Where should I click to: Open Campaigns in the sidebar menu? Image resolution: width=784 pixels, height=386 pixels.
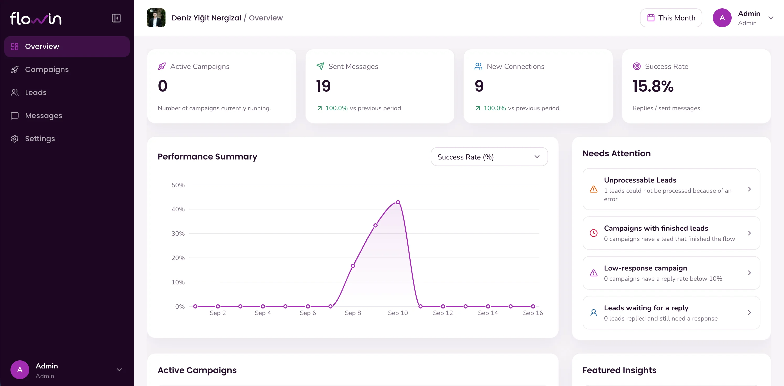47,69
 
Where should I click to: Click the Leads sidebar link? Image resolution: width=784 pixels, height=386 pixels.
36,92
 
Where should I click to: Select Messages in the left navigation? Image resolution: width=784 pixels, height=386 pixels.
43,116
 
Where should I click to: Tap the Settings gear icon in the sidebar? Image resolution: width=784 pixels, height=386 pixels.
15,139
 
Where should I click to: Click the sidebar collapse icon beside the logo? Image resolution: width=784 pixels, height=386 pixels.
116,18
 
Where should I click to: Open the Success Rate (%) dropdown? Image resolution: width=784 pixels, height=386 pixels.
489,157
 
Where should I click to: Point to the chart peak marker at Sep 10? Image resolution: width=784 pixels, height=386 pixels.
398,202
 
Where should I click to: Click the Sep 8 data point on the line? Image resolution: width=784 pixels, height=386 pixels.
353,266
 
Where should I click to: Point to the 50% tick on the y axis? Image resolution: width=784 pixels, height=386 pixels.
178,185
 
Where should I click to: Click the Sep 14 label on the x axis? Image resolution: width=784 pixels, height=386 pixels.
488,313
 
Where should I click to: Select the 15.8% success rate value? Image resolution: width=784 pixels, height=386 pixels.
653,86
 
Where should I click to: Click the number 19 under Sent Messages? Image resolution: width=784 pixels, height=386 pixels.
323,86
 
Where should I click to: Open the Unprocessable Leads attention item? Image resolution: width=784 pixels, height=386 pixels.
671,189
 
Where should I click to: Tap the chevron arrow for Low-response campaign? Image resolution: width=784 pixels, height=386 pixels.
749,273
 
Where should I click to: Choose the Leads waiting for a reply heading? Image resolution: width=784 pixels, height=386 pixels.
646,308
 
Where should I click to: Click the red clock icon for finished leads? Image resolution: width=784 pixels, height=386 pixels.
593,233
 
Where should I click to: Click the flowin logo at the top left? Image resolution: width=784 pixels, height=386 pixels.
36,18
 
